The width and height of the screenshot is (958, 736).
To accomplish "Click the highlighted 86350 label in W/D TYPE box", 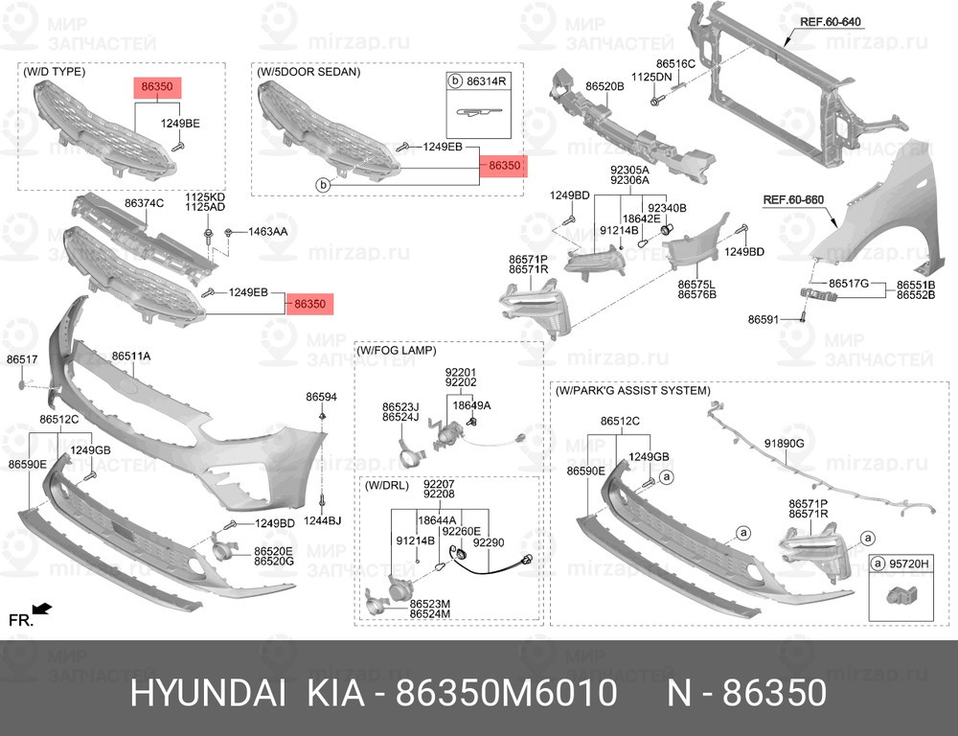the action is [157, 87].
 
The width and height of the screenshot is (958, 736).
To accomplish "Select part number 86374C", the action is [145, 203].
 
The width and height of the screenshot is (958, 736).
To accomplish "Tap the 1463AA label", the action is [267, 232].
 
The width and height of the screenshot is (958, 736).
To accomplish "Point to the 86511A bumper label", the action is [130, 356].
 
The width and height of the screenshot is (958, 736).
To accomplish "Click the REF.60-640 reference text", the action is [831, 22].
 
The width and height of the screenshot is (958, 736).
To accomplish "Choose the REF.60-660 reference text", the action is [793, 200].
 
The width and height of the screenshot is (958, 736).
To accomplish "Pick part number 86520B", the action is [604, 87].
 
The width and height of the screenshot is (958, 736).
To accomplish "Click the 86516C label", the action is [675, 63].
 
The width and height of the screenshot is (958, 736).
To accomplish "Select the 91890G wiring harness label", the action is [785, 443].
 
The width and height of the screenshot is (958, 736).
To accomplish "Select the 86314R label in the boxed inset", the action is [487, 80].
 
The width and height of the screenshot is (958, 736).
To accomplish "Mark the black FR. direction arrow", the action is [42, 609].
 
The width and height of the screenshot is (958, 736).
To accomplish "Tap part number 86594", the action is [321, 397].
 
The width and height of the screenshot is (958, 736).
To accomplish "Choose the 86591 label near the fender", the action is [764, 319].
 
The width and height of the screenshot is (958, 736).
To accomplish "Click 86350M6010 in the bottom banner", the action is [507, 694].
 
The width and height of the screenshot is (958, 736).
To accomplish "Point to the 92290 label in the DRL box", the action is [489, 542].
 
